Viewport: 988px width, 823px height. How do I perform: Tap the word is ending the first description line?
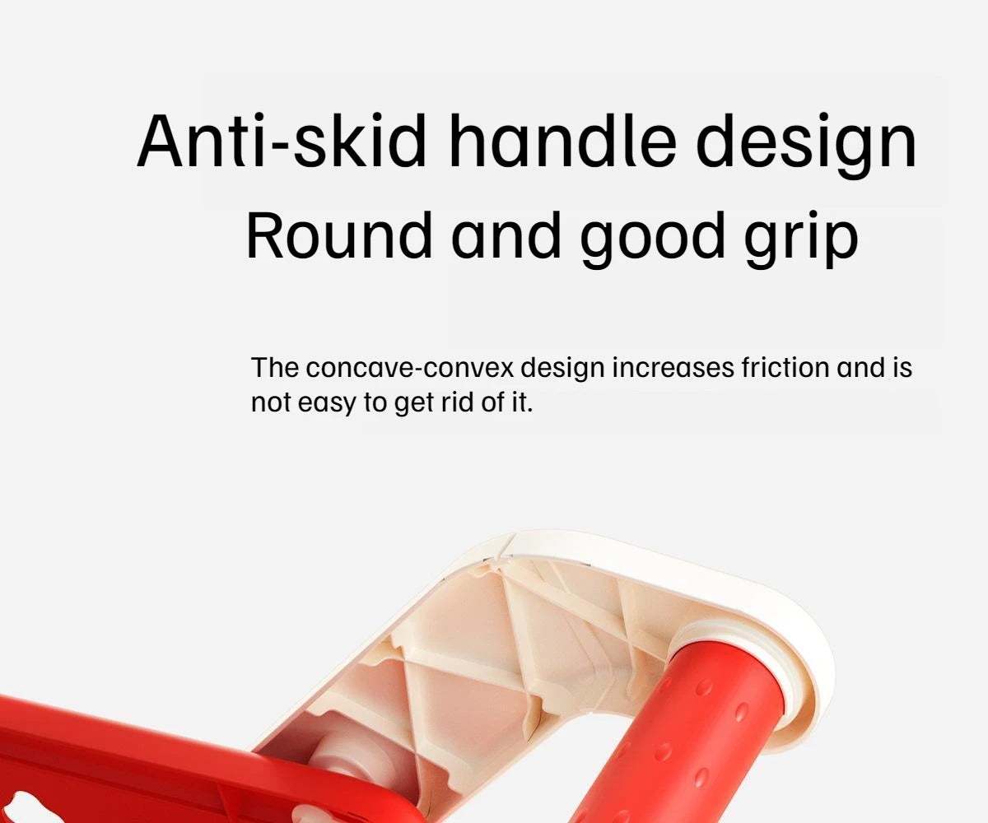click(x=902, y=367)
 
